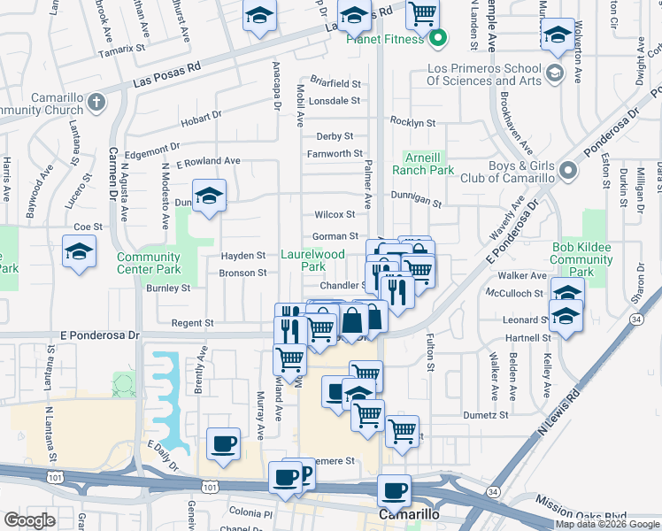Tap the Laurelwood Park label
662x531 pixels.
point(312,259)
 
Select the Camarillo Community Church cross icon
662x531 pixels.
point(96,104)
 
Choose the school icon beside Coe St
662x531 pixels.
point(79,252)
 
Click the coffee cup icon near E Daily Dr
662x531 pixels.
point(223,442)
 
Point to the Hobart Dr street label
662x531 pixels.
point(200,118)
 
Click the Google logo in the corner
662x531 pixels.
point(29,520)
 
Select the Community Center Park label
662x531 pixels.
point(149,263)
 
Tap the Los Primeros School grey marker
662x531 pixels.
point(555,72)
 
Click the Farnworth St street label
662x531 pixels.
point(329,154)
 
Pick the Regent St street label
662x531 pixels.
point(193,324)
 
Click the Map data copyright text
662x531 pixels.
point(607,524)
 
